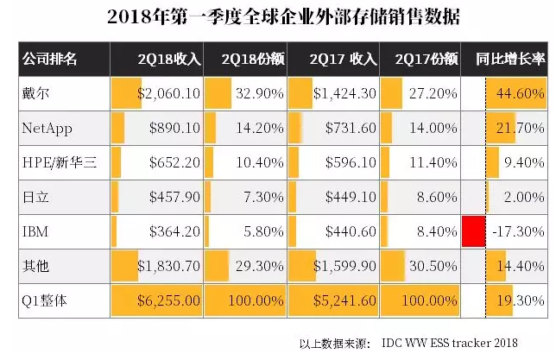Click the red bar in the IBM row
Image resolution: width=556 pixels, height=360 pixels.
(x=471, y=232)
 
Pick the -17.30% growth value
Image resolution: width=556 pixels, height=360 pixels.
(x=519, y=232)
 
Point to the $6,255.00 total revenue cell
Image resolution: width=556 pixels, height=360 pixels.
(x=168, y=301)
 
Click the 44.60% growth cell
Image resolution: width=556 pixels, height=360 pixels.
(x=519, y=93)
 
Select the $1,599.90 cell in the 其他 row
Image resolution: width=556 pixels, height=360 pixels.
(x=344, y=267)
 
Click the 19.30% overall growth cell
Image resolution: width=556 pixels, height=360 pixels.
(x=519, y=301)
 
